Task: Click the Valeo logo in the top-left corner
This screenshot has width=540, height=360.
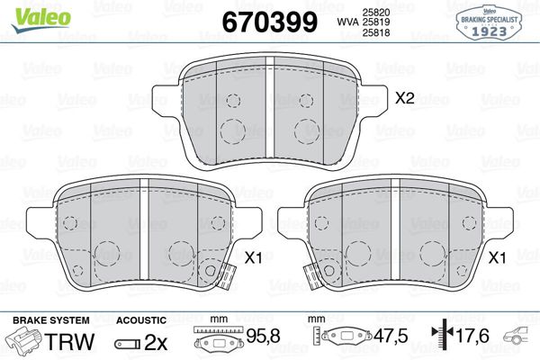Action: point(40,19)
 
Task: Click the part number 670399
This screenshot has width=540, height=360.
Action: point(269,22)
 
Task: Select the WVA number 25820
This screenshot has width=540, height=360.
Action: point(375,13)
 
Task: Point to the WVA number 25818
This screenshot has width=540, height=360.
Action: point(375,32)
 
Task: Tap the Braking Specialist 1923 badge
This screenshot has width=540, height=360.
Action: point(489,22)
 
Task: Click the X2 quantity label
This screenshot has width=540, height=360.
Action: point(404,98)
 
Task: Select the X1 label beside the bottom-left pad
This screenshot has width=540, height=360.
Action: point(253,257)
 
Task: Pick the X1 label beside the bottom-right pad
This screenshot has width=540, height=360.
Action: point(498,257)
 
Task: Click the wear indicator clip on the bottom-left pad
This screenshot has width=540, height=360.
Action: point(225,276)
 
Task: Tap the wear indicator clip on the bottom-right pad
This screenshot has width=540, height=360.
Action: point(312,276)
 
